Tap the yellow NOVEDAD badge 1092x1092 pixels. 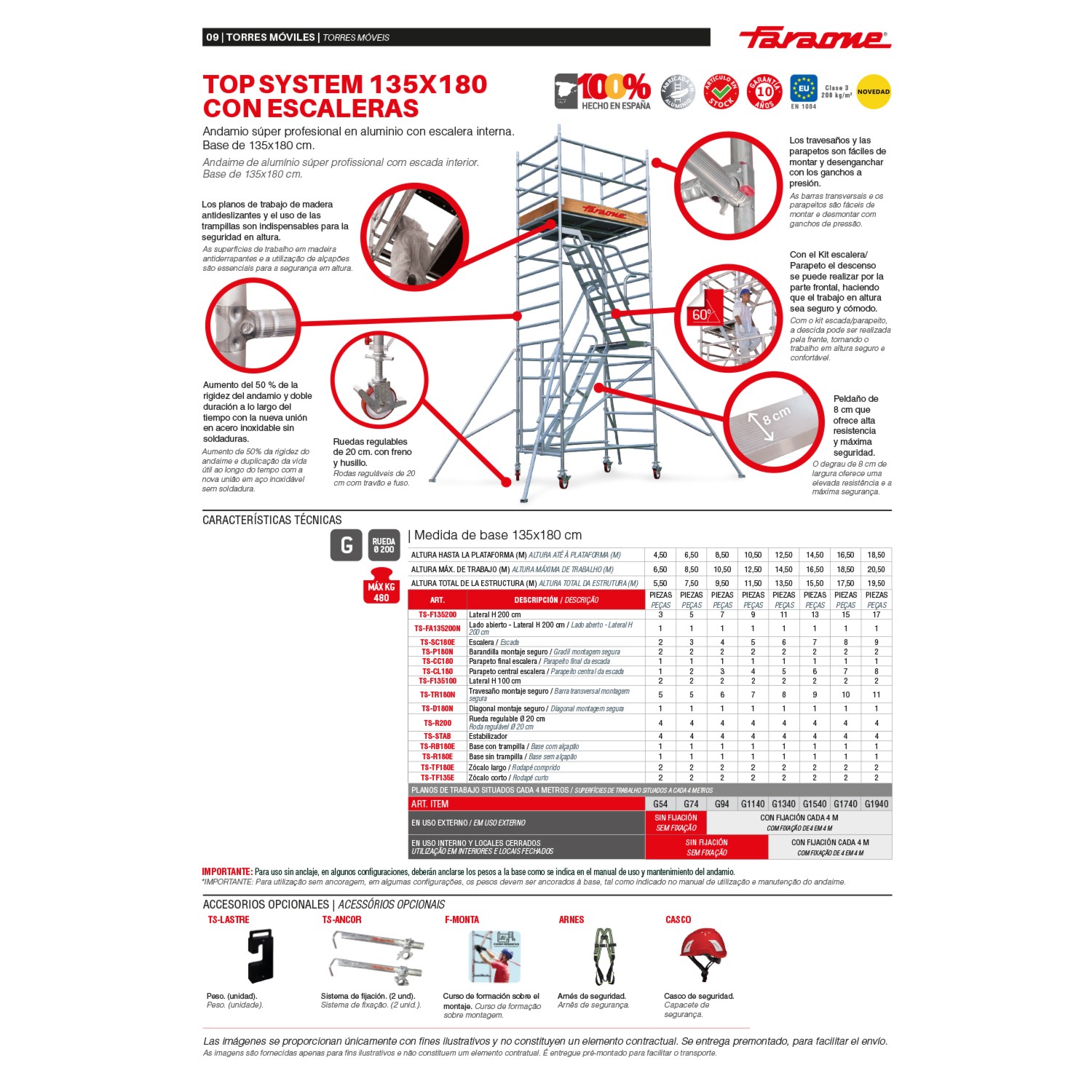[x=873, y=92]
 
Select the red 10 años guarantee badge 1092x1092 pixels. [x=764, y=92]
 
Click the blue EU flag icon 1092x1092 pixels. [x=804, y=89]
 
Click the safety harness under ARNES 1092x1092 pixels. [x=604, y=955]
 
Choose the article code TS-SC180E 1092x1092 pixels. [x=438, y=642]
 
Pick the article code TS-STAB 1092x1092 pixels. [x=438, y=736]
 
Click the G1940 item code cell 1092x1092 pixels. [x=876, y=804]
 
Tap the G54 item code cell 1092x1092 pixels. [x=660, y=804]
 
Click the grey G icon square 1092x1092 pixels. [x=347, y=545]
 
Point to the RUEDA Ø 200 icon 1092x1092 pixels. [x=384, y=545]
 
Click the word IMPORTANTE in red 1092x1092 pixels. [x=227, y=871]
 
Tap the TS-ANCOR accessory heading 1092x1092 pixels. [x=341, y=919]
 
